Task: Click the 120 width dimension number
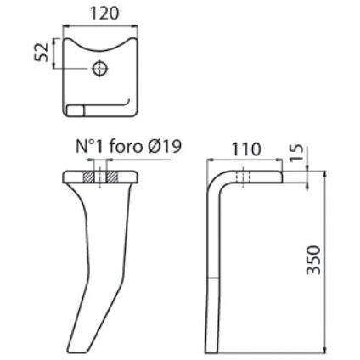click(104, 14)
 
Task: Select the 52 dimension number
click(42, 53)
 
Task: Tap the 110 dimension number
click(245, 149)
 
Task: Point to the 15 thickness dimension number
click(297, 153)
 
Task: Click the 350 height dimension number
click(314, 260)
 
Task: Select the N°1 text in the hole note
click(90, 147)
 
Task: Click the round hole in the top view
click(100, 68)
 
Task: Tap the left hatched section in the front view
click(88, 177)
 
